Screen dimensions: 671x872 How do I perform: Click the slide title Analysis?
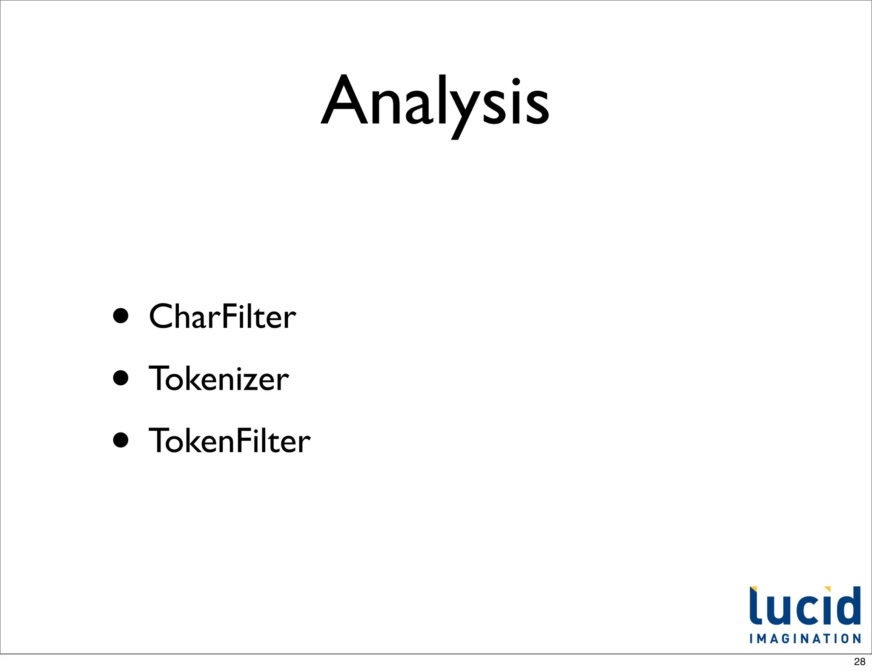coord(435,102)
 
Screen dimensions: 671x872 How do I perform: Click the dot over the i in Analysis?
coord(516,81)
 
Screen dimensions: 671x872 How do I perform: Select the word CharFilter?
coord(222,317)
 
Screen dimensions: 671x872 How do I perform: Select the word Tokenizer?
coord(218,379)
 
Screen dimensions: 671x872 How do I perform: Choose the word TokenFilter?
coord(229,441)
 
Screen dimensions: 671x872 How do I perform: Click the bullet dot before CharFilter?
coord(121,316)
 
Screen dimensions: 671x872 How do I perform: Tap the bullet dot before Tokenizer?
coord(121,378)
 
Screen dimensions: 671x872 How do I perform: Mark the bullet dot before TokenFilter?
coord(121,440)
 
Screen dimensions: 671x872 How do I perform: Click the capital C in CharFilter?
coord(162,317)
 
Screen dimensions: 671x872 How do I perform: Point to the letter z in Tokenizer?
coord(252,381)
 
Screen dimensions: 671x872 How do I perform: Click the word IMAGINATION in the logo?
coord(805,639)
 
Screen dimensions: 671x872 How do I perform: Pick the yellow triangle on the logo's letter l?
coord(753,590)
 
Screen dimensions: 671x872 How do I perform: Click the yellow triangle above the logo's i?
coord(827,589)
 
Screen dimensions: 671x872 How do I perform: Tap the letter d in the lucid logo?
coord(848,606)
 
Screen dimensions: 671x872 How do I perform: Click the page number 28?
coord(860,662)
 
